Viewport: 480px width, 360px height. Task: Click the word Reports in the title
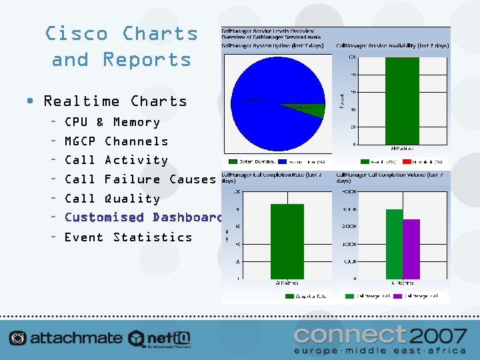[x=147, y=59]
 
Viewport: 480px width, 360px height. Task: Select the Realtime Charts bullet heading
[x=115, y=101]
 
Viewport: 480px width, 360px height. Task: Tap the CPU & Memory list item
[x=111, y=122]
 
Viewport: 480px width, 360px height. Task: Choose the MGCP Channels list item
[x=116, y=141]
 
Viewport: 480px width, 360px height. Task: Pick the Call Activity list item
[x=116, y=160]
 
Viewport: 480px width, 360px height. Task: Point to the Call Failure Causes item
[x=140, y=179]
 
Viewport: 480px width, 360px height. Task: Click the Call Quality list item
[x=112, y=198]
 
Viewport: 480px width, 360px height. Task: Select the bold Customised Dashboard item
[x=142, y=217]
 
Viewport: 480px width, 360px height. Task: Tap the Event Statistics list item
[x=128, y=237]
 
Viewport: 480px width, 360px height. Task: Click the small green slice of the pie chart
[x=303, y=107]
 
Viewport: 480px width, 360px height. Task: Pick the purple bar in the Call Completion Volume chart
[x=411, y=249]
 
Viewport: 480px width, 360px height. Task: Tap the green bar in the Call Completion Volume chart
[x=394, y=244]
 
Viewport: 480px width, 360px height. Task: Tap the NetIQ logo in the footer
[x=160, y=339]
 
